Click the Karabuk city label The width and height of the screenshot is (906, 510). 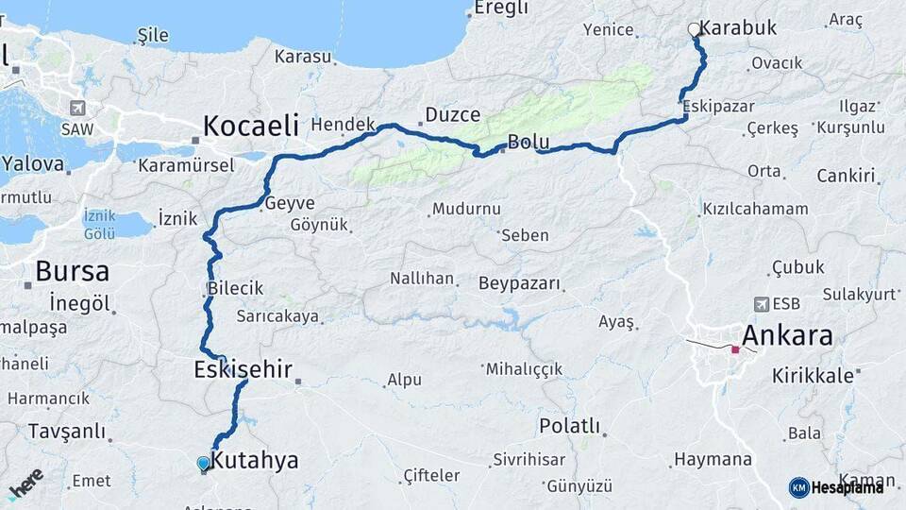pos(739,27)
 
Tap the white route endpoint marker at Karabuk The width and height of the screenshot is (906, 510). pos(695,30)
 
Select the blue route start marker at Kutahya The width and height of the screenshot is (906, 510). pos(203,463)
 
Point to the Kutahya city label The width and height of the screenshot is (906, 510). pos(254,461)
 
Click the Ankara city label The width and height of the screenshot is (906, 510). pos(787,335)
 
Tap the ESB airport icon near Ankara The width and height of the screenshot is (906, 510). pos(762,304)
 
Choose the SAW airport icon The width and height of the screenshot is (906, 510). pos(76,109)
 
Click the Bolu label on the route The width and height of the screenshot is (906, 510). pos(528,143)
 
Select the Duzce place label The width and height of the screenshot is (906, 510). pos(452,115)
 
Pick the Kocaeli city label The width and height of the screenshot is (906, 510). pos(250,125)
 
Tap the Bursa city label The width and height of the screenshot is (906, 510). pos(72,272)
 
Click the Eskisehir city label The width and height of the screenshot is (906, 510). pos(243,368)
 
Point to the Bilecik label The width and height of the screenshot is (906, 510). pos(235,288)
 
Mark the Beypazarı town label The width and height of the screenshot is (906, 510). pos(519,283)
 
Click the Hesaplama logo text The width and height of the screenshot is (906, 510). pos(847,487)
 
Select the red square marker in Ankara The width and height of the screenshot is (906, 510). pos(735,349)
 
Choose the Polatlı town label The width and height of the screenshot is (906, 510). pos(569,426)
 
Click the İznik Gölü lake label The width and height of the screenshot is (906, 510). pos(99,224)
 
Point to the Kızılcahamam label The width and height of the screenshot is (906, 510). pos(755,209)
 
